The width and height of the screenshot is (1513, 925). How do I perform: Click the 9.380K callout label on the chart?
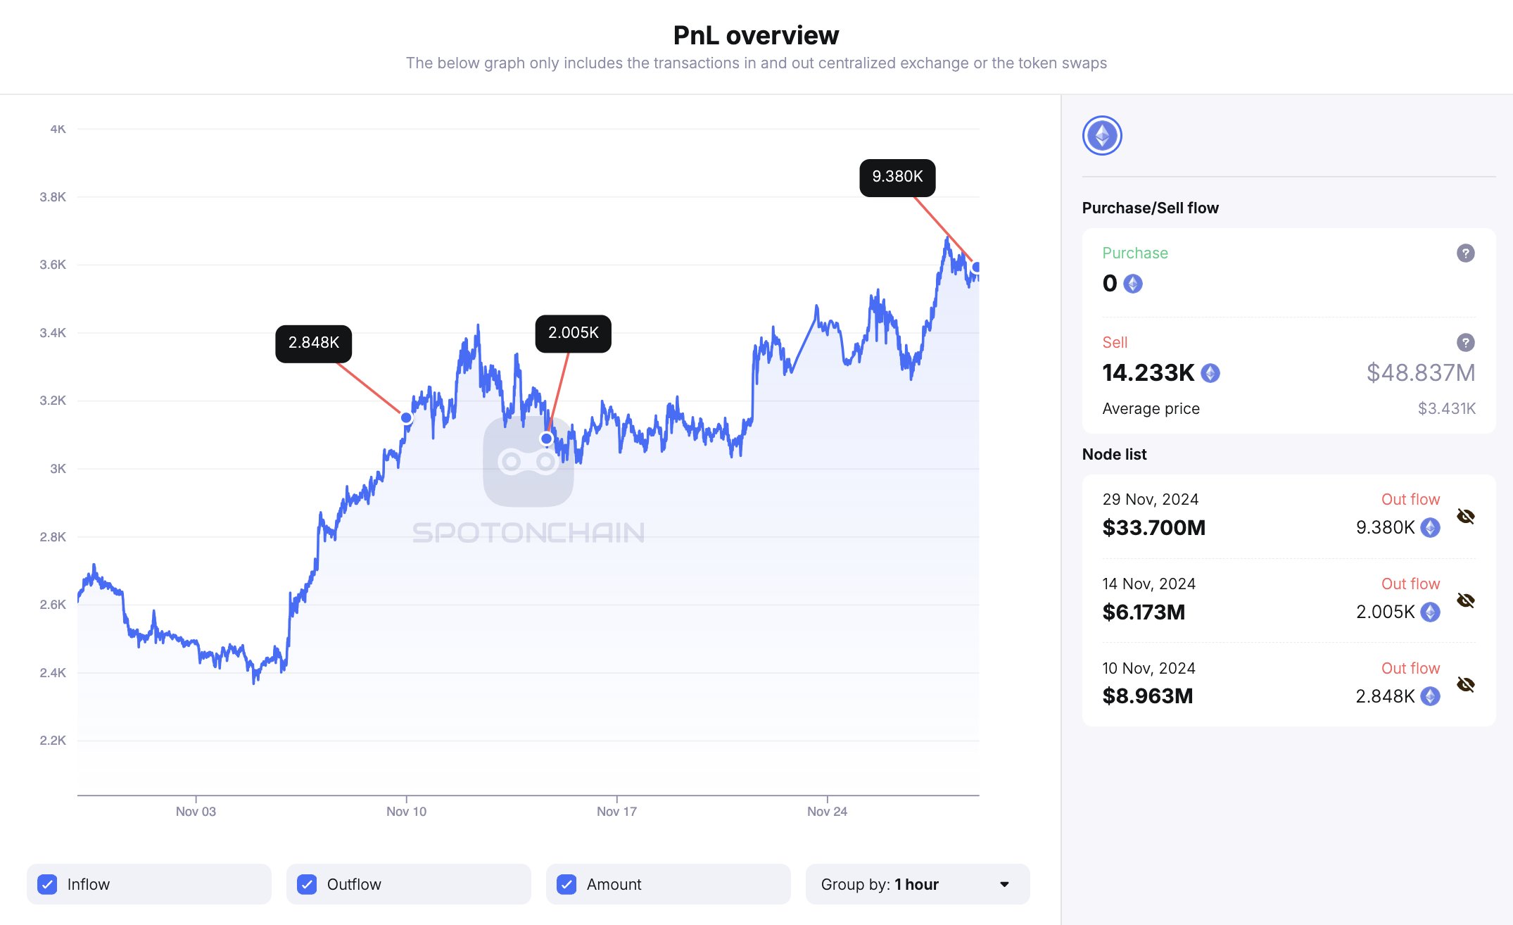pyautogui.click(x=897, y=177)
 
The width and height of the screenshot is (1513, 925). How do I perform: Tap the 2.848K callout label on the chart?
pyautogui.click(x=314, y=344)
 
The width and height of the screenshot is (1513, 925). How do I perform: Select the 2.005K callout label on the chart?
pyautogui.click(x=574, y=333)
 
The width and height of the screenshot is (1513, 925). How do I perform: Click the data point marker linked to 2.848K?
pyautogui.click(x=406, y=418)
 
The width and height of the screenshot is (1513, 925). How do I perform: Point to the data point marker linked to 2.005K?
pyautogui.click(x=546, y=439)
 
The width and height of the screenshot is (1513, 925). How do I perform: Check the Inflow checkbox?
pyautogui.click(x=47, y=884)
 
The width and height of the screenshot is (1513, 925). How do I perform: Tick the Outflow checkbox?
pyautogui.click(x=307, y=884)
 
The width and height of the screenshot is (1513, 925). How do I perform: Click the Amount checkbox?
pyautogui.click(x=566, y=884)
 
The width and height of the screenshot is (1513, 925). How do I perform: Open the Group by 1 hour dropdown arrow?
pyautogui.click(x=1004, y=884)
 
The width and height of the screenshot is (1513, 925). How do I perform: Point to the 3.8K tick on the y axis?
pyautogui.click(x=53, y=197)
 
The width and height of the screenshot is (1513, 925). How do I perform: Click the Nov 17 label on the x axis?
pyautogui.click(x=616, y=812)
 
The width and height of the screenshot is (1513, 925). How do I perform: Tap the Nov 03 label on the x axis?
pyautogui.click(x=196, y=812)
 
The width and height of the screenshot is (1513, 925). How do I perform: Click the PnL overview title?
pyautogui.click(x=756, y=35)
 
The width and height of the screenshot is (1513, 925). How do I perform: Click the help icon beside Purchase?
pyautogui.click(x=1465, y=253)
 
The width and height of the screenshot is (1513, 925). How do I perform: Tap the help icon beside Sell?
pyautogui.click(x=1465, y=343)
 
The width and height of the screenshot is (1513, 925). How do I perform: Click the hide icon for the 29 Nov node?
pyautogui.click(x=1465, y=517)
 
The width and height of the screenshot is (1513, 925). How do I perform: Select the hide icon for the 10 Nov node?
pyautogui.click(x=1465, y=685)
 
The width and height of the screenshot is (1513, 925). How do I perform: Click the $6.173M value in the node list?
pyautogui.click(x=1144, y=612)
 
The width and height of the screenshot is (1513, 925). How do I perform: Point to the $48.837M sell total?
pyautogui.click(x=1420, y=373)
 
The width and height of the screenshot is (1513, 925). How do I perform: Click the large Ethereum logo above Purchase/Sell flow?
pyautogui.click(x=1102, y=136)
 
